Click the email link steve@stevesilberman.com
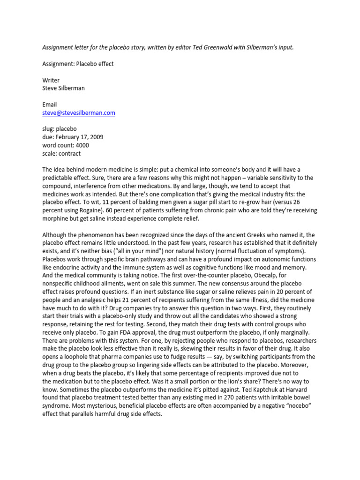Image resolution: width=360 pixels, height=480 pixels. click(x=79, y=113)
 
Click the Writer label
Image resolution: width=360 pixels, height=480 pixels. click(x=51, y=80)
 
